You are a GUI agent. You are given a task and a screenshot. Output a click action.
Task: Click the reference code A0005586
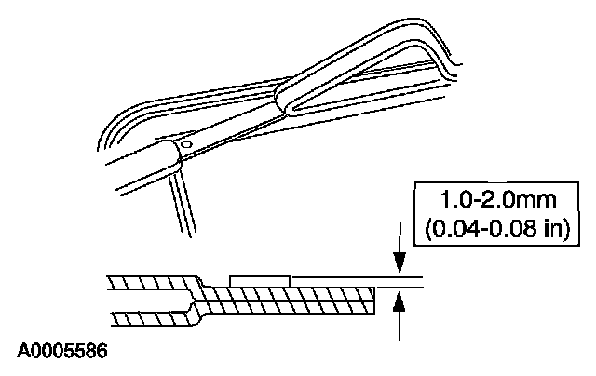tap(61, 352)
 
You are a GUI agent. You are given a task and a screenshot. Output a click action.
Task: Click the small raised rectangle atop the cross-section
tap(260, 279)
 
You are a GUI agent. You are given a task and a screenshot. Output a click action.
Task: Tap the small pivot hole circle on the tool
tap(185, 145)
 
